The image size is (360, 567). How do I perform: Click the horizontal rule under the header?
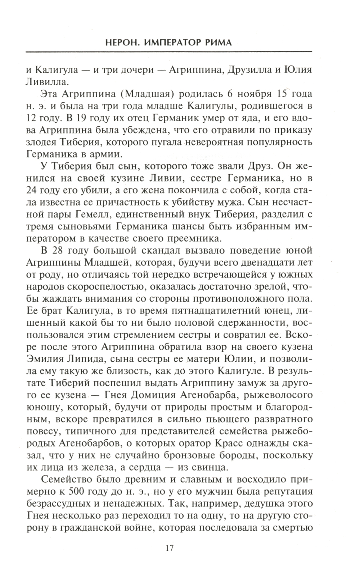[x=169, y=52]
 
